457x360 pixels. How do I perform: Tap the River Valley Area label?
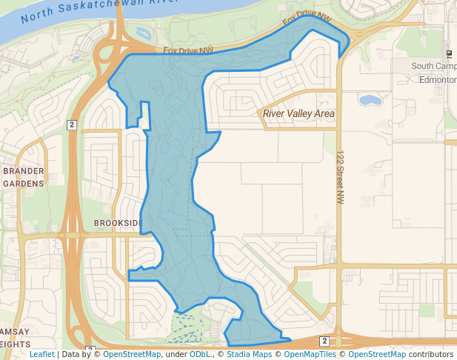[298, 114]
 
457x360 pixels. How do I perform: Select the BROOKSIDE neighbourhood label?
[119, 223]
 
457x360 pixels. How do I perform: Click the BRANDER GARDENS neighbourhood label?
[24, 177]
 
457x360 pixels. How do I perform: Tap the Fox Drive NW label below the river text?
[188, 50]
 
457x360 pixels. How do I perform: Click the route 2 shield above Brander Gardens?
[72, 124]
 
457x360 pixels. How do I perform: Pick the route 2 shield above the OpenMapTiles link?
[324, 341]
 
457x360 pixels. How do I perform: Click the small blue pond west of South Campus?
[370, 99]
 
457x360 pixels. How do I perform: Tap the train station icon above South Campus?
[450, 55]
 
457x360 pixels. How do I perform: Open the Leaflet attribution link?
[41, 354]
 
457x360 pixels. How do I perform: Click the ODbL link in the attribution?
[200, 354]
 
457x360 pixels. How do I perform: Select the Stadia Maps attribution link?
[249, 354]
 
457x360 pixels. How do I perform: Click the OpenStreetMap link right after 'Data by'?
[132, 354]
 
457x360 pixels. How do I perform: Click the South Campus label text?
[433, 66]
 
